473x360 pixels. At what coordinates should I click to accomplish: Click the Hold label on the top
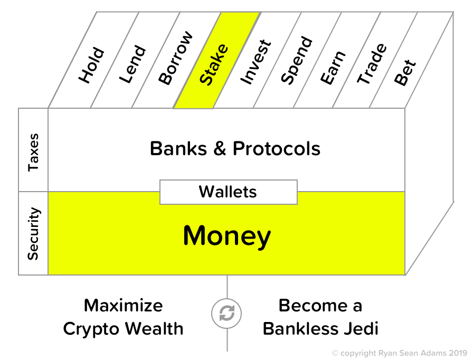(92, 66)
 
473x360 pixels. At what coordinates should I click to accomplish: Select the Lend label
(133, 65)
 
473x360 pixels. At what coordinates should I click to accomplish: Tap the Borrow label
(176, 59)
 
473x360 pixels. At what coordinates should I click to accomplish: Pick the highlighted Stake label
(215, 65)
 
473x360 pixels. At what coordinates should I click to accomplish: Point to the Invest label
(256, 62)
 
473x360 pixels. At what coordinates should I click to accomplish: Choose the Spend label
(297, 61)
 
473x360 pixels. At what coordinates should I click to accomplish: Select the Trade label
(372, 64)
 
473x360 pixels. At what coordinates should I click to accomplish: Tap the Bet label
(405, 73)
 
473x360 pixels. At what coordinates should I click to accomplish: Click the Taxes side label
(33, 151)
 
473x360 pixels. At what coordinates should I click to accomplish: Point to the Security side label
(33, 233)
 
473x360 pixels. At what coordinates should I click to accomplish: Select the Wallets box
(228, 192)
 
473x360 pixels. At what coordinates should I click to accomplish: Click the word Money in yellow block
(227, 236)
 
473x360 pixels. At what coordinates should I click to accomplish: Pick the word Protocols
(277, 149)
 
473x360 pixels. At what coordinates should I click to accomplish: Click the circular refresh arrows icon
(227, 314)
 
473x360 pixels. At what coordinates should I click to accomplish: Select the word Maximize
(124, 305)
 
